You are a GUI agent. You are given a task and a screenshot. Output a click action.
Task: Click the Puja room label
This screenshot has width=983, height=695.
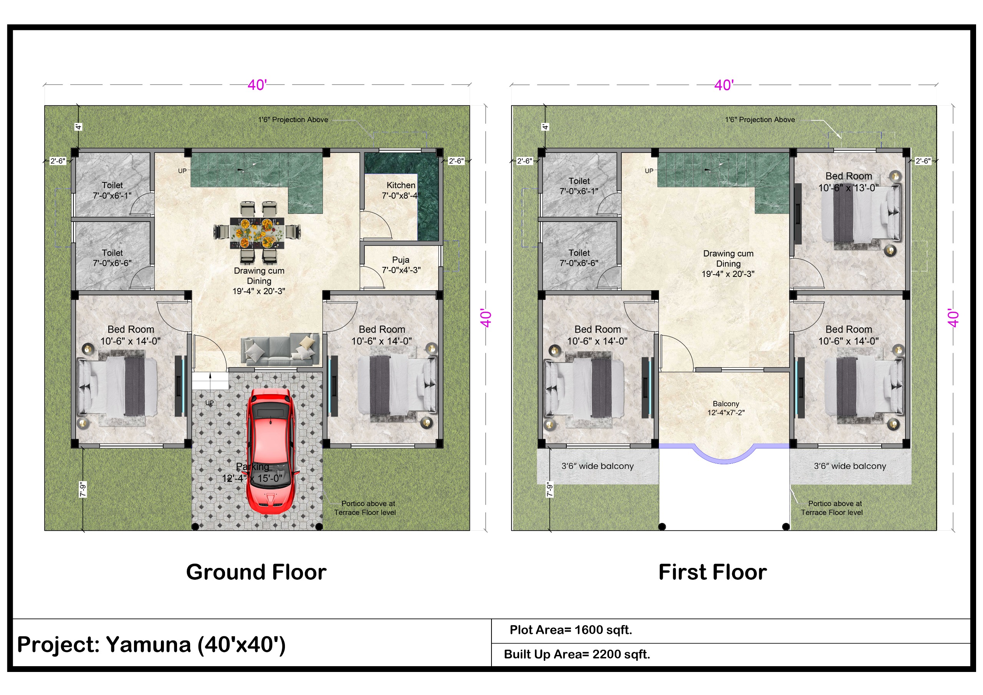[x=401, y=265]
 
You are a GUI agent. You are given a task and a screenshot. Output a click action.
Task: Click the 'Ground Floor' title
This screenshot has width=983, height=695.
[x=256, y=572]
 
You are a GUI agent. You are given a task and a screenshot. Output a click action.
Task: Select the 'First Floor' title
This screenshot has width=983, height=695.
[x=712, y=572]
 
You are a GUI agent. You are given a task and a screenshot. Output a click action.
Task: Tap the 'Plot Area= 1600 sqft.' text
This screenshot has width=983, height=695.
[x=571, y=630]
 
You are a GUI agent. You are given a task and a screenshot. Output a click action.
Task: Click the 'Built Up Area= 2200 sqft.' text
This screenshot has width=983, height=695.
[x=577, y=654]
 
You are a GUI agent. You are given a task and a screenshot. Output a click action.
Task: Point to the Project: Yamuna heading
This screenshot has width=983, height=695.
[x=151, y=644]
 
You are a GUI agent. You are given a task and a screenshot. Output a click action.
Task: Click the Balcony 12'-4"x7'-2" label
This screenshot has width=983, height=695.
[x=726, y=408]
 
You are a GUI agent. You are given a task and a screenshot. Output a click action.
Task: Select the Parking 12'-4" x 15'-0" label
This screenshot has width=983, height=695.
[x=252, y=472]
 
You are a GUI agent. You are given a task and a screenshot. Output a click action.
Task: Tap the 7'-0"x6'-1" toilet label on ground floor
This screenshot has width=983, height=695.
[x=112, y=190]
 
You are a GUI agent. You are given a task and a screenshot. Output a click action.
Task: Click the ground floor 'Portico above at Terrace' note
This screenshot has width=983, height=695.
[x=365, y=508]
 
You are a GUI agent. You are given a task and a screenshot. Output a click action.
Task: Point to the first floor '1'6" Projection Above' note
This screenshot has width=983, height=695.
[x=760, y=120]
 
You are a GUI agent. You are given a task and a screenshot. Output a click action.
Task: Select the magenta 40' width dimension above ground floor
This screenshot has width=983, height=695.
[x=257, y=85]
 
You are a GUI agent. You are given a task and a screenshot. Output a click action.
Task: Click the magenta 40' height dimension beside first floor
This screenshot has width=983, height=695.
[x=953, y=318]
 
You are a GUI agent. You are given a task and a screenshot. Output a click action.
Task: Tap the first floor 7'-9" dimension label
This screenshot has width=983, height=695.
[x=550, y=490]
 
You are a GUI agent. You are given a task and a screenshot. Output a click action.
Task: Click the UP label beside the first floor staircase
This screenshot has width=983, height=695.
[x=649, y=171]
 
